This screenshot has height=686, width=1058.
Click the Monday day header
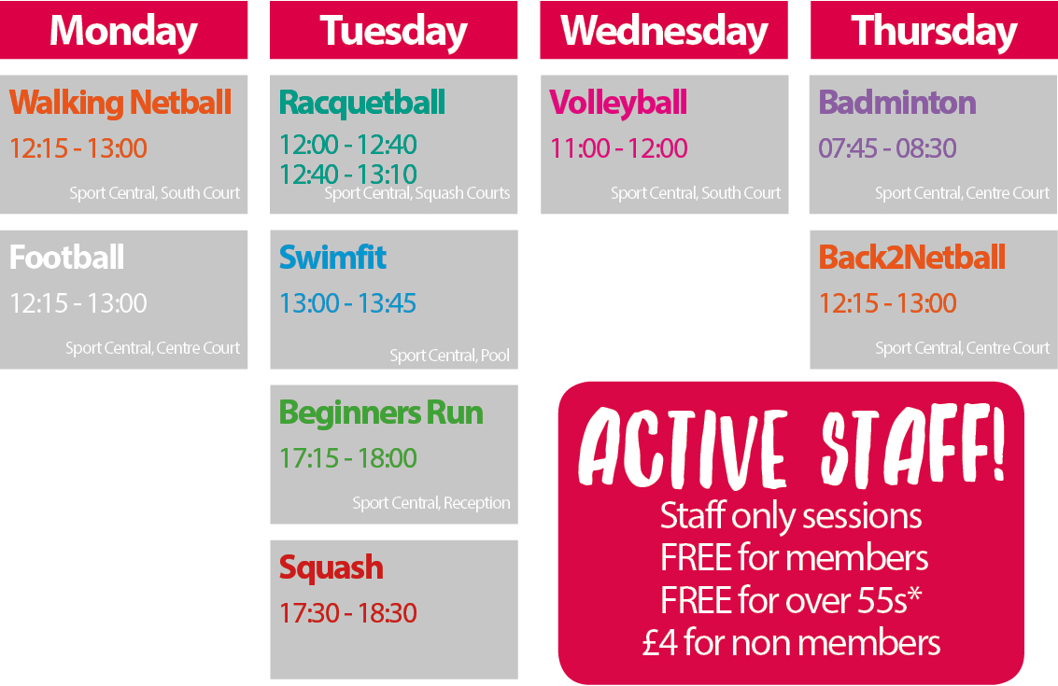click(123, 31)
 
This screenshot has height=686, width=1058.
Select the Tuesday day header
click(393, 31)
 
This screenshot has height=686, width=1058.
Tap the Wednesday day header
click(664, 31)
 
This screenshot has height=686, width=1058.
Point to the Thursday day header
click(934, 31)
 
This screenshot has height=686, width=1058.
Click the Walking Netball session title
click(120, 103)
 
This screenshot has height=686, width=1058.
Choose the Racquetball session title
click(362, 104)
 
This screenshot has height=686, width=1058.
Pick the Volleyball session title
click(618, 104)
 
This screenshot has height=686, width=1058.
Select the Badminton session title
click(897, 103)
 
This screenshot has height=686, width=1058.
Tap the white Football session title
click(67, 257)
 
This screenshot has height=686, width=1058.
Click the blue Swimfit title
click(332, 257)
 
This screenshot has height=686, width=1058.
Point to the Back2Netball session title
click(912, 257)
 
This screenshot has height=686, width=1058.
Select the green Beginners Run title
click(381, 413)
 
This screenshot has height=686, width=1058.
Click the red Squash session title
click(332, 568)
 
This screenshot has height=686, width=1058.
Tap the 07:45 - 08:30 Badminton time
click(887, 148)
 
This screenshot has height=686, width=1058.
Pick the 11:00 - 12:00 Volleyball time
click(619, 148)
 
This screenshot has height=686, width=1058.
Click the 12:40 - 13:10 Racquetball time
click(348, 174)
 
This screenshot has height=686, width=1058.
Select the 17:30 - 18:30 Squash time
click(348, 613)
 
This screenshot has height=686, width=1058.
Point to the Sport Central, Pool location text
click(449, 356)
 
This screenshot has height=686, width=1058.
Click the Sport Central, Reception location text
click(431, 503)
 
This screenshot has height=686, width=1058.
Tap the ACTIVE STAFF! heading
click(792, 446)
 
